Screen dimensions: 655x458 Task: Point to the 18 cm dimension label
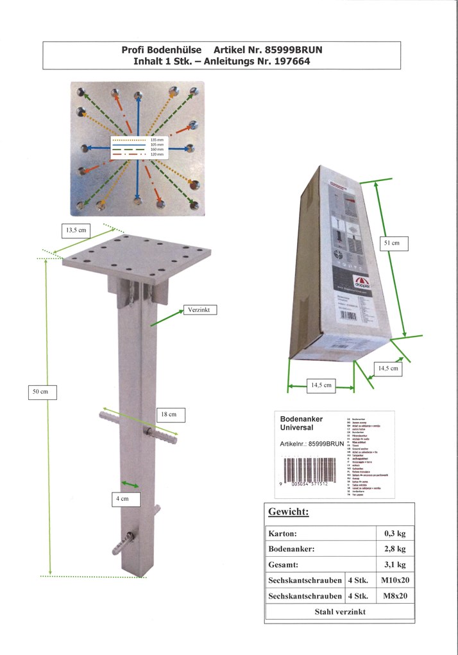(169, 415)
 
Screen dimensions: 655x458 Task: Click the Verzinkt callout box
(199, 310)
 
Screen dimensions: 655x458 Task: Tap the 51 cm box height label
(391, 243)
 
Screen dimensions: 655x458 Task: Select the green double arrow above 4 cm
(131, 484)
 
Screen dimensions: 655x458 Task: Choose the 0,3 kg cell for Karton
(394, 533)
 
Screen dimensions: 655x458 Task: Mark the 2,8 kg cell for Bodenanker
(394, 549)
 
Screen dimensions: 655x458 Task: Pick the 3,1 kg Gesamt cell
(394, 565)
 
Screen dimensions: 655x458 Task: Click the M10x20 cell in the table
(394, 581)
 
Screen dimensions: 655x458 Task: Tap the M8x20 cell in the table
(394, 597)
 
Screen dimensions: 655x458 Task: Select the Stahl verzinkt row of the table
(339, 612)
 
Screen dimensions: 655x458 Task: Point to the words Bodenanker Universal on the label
(301, 423)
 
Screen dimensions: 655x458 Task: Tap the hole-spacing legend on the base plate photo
(138, 147)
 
